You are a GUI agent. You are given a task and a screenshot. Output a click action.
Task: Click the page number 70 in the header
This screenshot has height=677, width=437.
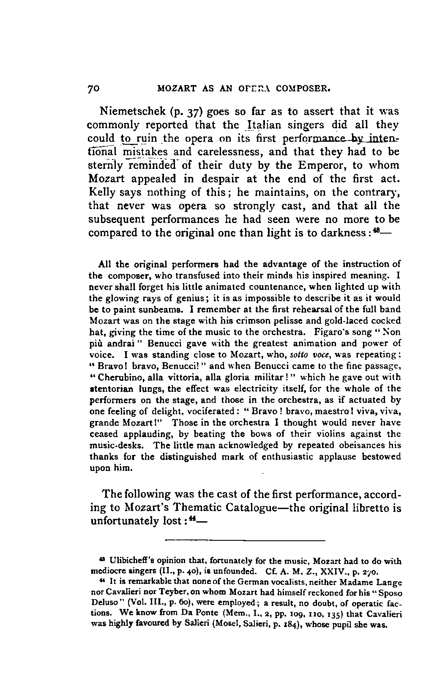pos(93,90)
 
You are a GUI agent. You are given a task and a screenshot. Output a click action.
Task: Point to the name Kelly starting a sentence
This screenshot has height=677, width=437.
pos(99,193)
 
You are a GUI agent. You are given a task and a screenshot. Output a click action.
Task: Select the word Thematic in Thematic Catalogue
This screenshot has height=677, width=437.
pos(219,507)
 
